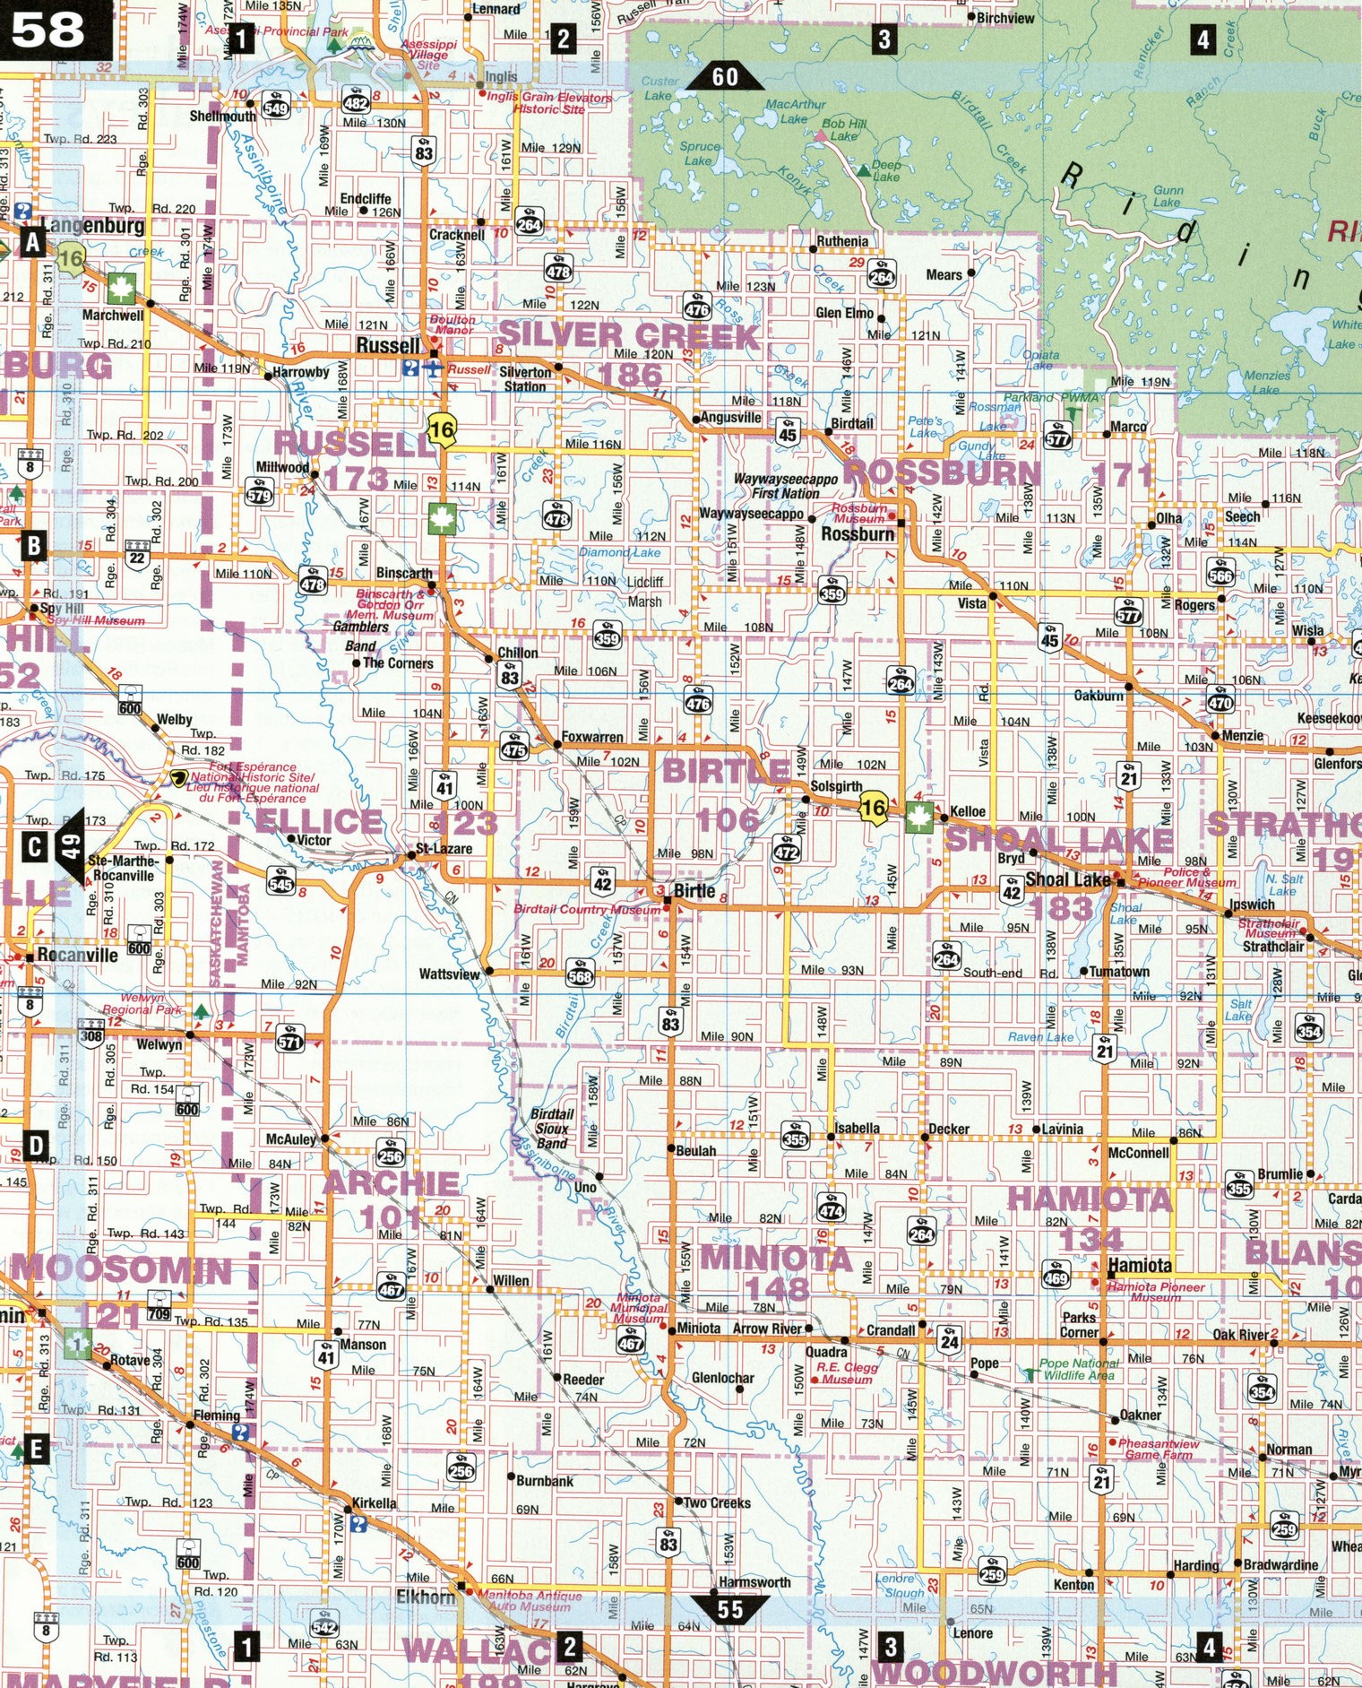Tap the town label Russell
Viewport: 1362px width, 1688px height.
[387, 345]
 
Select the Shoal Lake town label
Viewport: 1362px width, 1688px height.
[1067, 879]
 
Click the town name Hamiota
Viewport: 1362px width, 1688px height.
[1140, 1265]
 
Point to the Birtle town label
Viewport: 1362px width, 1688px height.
[694, 890]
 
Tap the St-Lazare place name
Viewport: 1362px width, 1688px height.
[444, 848]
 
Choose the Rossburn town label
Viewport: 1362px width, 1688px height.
[858, 534]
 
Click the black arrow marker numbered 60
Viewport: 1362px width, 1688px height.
[725, 77]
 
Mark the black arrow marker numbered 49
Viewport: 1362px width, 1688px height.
[70, 845]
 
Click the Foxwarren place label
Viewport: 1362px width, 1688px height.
[591, 737]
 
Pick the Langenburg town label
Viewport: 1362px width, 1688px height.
[92, 225]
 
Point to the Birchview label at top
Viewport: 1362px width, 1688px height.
[1005, 18]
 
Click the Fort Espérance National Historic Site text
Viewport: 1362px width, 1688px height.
[253, 782]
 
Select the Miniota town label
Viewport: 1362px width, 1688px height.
[698, 1328]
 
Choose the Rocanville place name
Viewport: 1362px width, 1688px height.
[78, 956]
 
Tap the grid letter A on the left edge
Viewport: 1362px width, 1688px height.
[33, 241]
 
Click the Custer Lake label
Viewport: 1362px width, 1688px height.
[659, 88]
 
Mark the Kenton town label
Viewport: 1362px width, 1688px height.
[1073, 1584]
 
